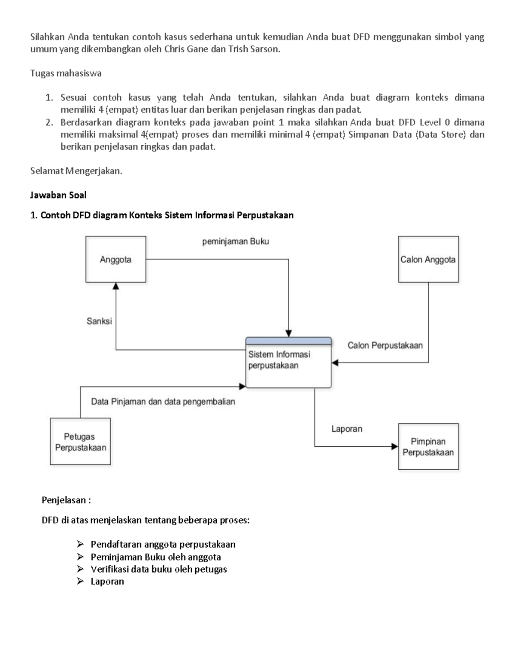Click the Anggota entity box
click(x=115, y=259)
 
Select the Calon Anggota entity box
click(x=428, y=259)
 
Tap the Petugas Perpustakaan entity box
click(x=80, y=442)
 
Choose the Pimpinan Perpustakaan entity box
click(x=428, y=447)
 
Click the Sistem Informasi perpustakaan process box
click(x=288, y=365)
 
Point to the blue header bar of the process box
click(x=288, y=341)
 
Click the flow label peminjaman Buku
click(x=235, y=241)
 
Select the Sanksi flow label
click(x=99, y=321)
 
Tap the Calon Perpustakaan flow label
click(x=385, y=345)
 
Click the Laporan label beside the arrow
click(x=346, y=429)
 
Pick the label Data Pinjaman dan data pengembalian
click(x=163, y=402)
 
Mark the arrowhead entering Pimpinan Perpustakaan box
click(x=394, y=447)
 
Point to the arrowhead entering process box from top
click(x=288, y=333)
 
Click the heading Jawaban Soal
click(x=58, y=195)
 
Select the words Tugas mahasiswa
click(x=66, y=73)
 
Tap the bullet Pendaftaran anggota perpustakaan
click(x=163, y=544)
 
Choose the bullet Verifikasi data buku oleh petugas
click(x=158, y=569)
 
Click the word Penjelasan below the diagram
click(x=66, y=500)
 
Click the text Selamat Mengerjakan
click(x=76, y=171)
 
